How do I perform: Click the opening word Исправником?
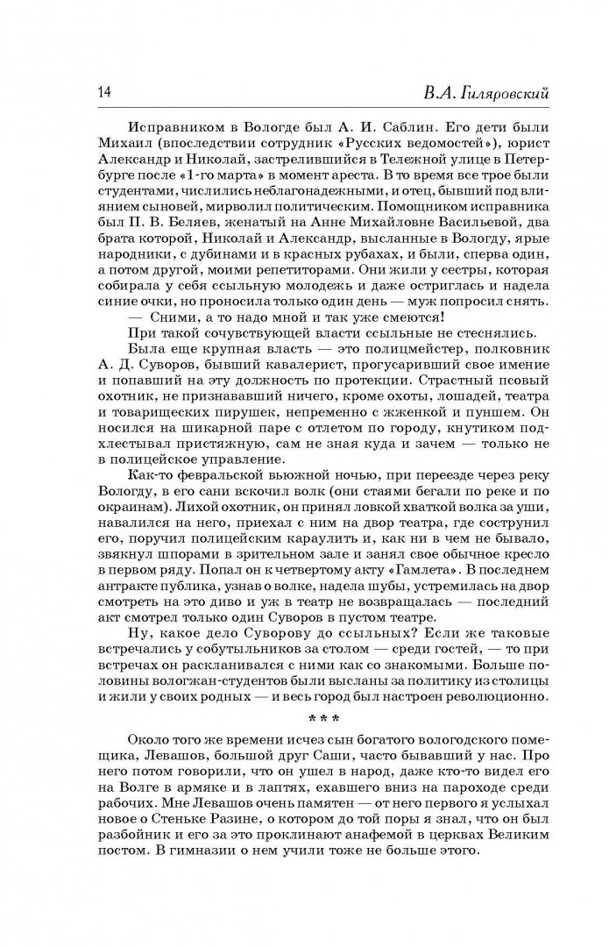point(178,125)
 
